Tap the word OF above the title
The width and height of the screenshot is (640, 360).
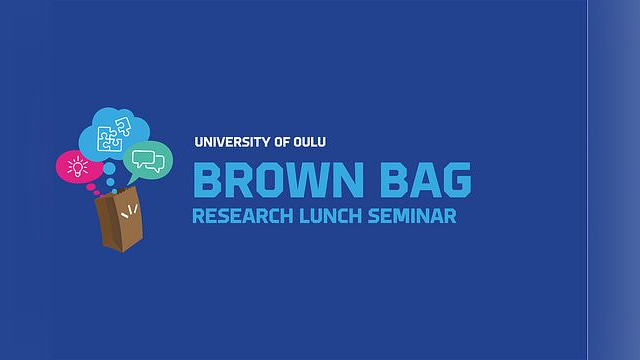click(282, 142)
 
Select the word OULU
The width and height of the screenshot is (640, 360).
click(310, 142)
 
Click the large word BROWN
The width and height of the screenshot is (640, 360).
click(278, 180)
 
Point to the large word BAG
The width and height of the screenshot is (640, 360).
click(426, 180)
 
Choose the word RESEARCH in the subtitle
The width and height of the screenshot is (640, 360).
click(242, 216)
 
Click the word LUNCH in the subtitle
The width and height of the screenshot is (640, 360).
click(331, 216)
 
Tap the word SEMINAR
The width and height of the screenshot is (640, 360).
click(412, 216)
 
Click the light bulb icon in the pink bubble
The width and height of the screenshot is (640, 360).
click(78, 167)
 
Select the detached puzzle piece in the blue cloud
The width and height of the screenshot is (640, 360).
click(123, 126)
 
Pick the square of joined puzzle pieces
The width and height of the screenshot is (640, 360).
click(109, 139)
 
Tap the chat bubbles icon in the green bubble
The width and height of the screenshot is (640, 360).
click(148, 161)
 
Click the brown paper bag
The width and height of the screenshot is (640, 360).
click(119, 219)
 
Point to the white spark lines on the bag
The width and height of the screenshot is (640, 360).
click(129, 211)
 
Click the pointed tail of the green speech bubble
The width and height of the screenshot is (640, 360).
click(131, 181)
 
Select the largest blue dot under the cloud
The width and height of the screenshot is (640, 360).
click(109, 168)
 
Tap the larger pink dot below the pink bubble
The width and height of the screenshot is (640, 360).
click(91, 187)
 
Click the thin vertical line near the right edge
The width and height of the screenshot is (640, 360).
click(588, 180)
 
